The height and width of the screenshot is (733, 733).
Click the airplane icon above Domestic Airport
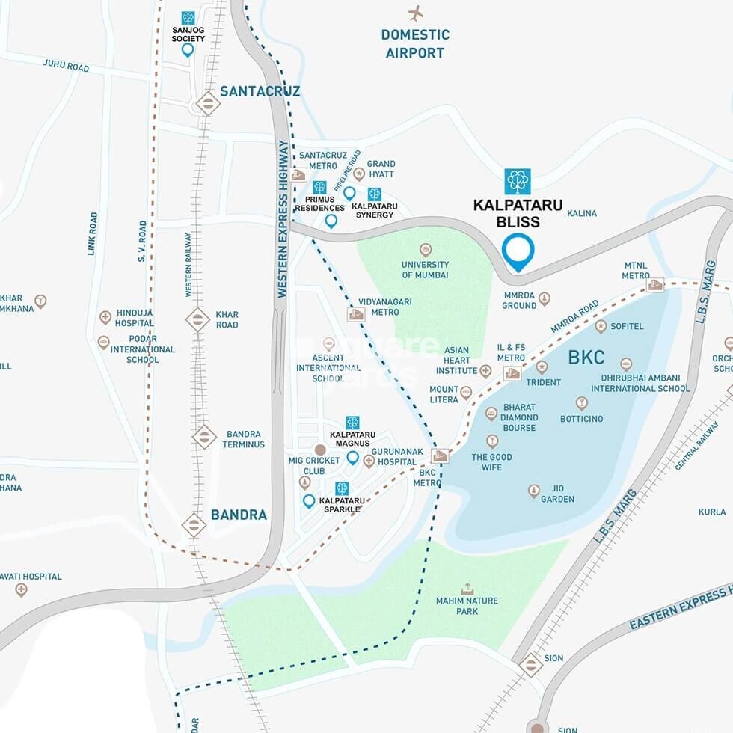pos(416,13)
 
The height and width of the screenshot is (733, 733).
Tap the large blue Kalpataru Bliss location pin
pos(518,251)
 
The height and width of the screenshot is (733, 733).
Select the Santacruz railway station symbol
pos(207,103)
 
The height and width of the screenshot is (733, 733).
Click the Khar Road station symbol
pos(197,319)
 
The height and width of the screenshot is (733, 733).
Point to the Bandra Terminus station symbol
pos(204,438)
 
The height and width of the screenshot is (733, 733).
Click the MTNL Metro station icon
pos(655,284)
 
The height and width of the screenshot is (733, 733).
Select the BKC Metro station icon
pos(440,456)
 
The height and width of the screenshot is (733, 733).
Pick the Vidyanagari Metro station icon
pos(356,314)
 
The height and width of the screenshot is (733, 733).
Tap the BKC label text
pos(586,358)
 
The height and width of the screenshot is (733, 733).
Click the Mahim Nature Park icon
pos(467,589)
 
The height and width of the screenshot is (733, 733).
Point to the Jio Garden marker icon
pos(534,491)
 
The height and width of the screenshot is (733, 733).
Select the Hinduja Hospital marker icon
pos(105,317)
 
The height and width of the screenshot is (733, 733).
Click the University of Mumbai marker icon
pos(426,250)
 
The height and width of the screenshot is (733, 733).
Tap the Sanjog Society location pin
pos(188,50)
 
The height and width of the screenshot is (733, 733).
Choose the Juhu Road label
pos(66,67)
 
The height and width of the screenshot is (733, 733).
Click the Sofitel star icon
pos(601,326)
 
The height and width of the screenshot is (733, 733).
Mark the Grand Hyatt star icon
pos(359,174)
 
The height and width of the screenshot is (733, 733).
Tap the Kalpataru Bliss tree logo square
pos(518,182)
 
